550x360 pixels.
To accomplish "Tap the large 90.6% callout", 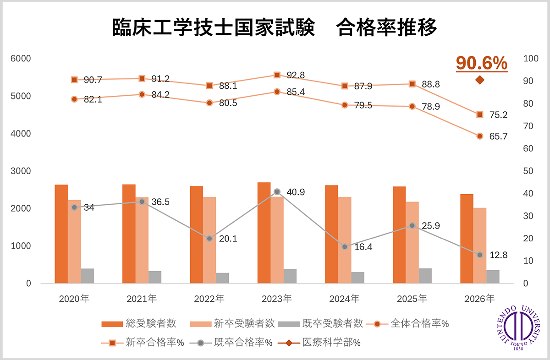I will [x=482, y=63].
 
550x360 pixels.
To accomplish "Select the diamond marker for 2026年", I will [x=480, y=80].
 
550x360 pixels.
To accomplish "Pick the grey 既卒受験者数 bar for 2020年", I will [x=87, y=276].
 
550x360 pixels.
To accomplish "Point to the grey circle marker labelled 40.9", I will [x=277, y=191].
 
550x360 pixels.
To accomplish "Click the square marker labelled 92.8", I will [x=277, y=75].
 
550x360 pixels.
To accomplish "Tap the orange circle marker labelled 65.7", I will [x=480, y=136].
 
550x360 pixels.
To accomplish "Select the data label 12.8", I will [x=498, y=255].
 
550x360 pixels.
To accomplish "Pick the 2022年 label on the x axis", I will [x=209, y=299].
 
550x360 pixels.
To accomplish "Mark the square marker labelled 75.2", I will [x=480, y=115].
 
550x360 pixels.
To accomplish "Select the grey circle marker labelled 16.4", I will [x=345, y=247].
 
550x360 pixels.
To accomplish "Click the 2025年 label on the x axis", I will [x=412, y=299].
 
